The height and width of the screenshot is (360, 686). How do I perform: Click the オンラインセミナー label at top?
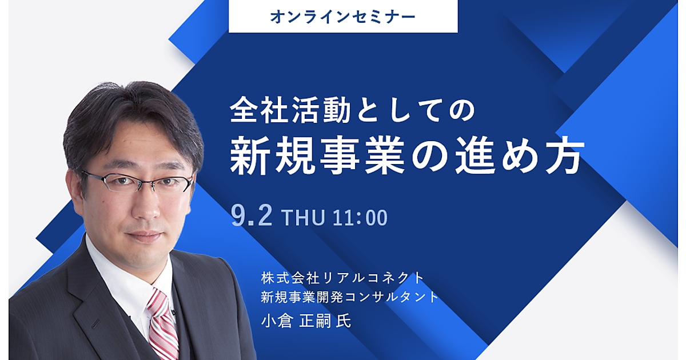(343, 17)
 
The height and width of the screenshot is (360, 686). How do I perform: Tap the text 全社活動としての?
(352, 110)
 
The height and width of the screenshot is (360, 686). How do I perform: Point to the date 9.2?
(252, 215)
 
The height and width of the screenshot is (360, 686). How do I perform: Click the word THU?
(303, 218)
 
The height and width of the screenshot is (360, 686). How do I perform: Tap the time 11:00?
(360, 218)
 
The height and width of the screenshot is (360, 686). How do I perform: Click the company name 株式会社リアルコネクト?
(342, 278)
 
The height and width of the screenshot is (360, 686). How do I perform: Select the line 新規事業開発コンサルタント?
(350, 297)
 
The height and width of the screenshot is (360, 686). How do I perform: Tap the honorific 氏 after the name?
(344, 321)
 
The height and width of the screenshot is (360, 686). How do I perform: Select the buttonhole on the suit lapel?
(95, 323)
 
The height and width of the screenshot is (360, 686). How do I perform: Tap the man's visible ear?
(74, 190)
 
